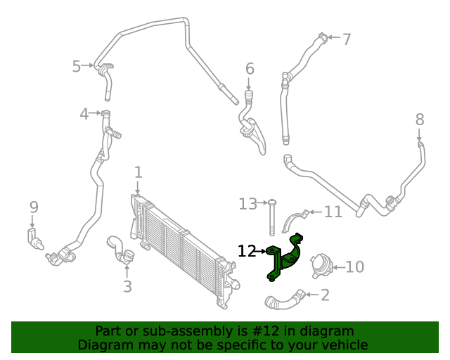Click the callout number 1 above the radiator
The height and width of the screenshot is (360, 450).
pyautogui.click(x=139, y=172)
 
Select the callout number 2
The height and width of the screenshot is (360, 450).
pyautogui.click(x=325, y=295)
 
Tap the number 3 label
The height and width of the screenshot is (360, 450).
pyautogui.click(x=127, y=286)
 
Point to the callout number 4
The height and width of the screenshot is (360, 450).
pyautogui.click(x=84, y=113)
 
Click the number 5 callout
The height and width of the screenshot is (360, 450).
pyautogui.click(x=77, y=66)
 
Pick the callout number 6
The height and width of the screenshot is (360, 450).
pyautogui.click(x=250, y=68)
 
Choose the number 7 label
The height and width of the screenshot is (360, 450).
pyautogui.click(x=347, y=39)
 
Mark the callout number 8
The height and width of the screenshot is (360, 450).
pyautogui.click(x=420, y=119)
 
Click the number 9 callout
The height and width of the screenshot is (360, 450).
pyautogui.click(x=34, y=207)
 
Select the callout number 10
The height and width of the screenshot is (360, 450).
pyautogui.click(x=355, y=267)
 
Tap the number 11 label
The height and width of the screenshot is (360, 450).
pyautogui.click(x=333, y=211)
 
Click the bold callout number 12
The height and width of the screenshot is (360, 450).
pyautogui.click(x=247, y=251)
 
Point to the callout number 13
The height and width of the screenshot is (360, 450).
pyautogui.click(x=247, y=204)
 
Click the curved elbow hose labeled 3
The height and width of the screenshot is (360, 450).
pyautogui.click(x=119, y=250)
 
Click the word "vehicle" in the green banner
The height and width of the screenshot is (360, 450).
pyautogui.click(x=342, y=345)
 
